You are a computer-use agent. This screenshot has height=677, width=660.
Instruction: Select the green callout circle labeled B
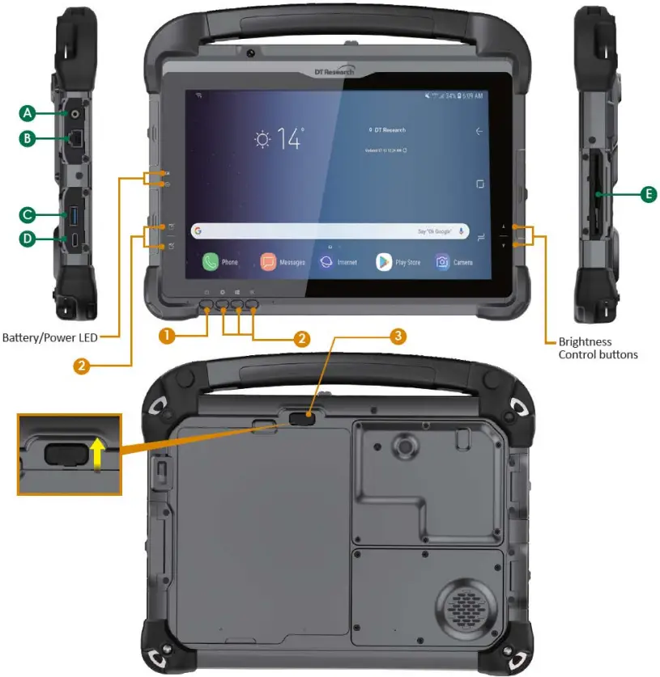[x=28, y=139]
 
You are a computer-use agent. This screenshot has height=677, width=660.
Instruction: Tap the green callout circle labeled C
[x=28, y=214]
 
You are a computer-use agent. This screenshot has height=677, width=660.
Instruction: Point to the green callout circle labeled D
[x=28, y=239]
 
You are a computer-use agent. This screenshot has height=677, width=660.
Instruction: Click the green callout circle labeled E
[x=647, y=194]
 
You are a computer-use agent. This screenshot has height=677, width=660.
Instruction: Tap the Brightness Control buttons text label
[x=598, y=348]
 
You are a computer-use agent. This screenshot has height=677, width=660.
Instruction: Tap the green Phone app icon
[x=211, y=262]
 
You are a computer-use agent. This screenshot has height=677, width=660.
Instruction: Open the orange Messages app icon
[x=268, y=262]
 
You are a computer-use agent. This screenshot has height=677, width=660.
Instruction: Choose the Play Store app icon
[x=384, y=262]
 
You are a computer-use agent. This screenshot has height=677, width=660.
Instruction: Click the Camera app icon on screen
[x=442, y=262]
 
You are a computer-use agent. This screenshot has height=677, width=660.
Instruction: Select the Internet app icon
[x=326, y=262]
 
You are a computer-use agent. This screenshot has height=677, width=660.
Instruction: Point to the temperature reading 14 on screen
[x=289, y=139]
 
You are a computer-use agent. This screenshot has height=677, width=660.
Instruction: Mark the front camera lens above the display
[x=251, y=53]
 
